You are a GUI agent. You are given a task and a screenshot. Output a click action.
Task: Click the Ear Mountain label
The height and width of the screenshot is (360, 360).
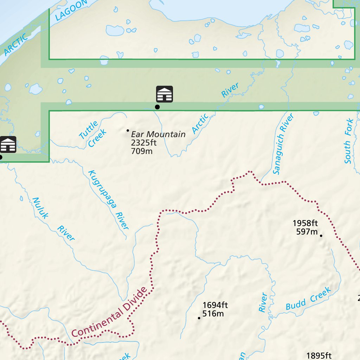coord(158,134)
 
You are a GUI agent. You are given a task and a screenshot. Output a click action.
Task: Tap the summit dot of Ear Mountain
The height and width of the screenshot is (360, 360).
coord(128,130)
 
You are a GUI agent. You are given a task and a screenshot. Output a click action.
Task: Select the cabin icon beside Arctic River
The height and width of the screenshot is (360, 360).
coord(165,94)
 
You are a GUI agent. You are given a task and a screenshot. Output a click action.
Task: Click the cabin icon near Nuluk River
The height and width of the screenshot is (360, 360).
coord(8,144)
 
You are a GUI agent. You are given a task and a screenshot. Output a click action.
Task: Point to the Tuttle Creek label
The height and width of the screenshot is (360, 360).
coord(92,134)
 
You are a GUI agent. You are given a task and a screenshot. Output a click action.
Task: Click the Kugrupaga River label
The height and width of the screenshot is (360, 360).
coord(108,200)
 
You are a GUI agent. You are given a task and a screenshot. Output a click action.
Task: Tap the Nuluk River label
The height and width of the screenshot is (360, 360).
coord(53,219)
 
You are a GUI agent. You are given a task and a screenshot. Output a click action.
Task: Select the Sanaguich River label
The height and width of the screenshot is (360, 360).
coord(283,144)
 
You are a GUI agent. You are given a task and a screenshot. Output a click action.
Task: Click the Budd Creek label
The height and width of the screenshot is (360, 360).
coord(308,298)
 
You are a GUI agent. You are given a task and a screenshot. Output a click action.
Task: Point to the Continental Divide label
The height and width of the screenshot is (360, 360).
coord(109,312)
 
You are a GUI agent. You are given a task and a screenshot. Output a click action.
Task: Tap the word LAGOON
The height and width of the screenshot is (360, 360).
coord(71,10)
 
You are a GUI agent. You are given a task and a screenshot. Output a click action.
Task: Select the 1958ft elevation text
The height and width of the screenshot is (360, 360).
coord(305,223)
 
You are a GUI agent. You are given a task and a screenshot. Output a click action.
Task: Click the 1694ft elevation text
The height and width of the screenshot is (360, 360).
coord(215,305)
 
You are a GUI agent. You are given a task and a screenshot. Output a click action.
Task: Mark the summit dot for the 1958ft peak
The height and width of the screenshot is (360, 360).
coord(321,236)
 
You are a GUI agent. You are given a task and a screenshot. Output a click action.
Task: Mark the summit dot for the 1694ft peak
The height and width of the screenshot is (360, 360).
coord(199,318)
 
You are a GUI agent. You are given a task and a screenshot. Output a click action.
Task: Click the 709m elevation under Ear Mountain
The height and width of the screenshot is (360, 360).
coord(142,152)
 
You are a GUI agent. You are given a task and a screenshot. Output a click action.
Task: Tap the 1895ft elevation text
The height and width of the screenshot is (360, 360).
coord(319,356)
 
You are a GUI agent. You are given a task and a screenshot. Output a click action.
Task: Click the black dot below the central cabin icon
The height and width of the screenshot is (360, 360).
coord(157,107)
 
